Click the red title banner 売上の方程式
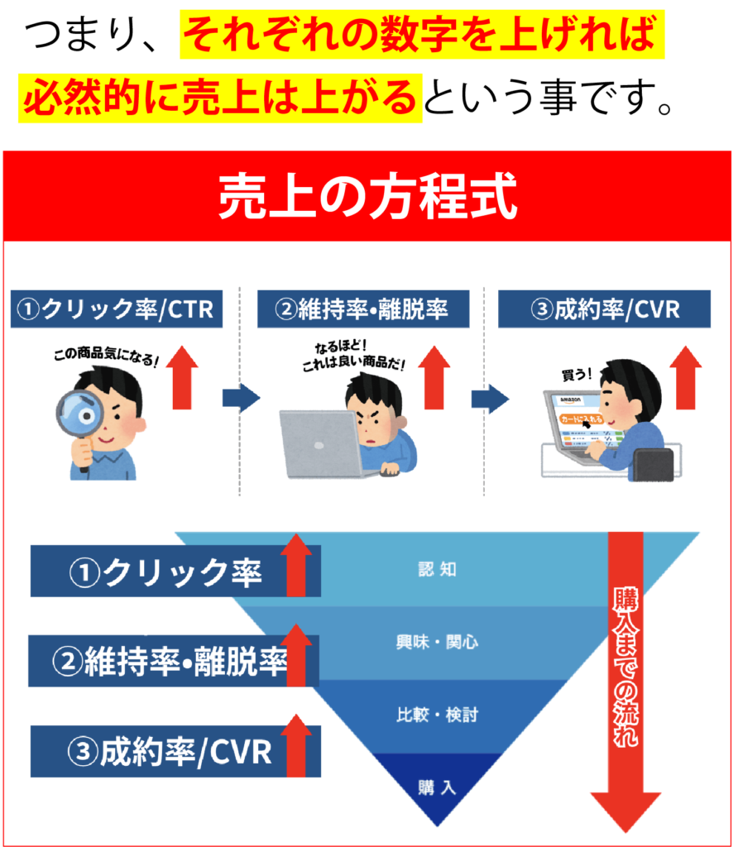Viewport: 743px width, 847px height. coord(367,198)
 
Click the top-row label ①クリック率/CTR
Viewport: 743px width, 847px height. coord(116,309)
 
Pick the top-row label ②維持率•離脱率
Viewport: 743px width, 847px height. coord(363,309)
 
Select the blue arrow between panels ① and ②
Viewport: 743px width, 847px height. coord(241,399)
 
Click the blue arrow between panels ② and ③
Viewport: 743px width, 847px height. coord(489,399)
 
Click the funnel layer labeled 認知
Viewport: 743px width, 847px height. coord(437,570)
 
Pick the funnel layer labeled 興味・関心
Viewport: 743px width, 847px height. coord(437,642)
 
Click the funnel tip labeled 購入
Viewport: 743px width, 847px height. coord(437,787)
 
